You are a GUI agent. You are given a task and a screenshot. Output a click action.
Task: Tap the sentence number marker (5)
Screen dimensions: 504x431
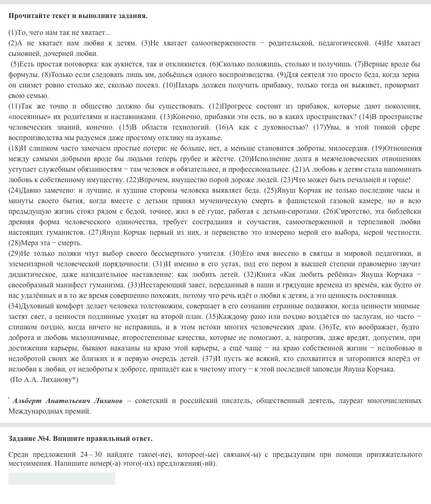pyautogui.click(x=15, y=64)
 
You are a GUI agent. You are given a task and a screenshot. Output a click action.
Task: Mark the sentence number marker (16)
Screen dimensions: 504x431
pyautogui.click(x=221, y=127)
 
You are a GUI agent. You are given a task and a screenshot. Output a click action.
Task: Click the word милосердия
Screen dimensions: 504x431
pyautogui.click(x=351, y=149)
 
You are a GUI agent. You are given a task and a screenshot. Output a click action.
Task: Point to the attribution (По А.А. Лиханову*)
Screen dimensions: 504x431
pyautogui.click(x=44, y=380)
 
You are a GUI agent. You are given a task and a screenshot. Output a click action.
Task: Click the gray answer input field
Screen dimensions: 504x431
pyautogui.click(x=62, y=478)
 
